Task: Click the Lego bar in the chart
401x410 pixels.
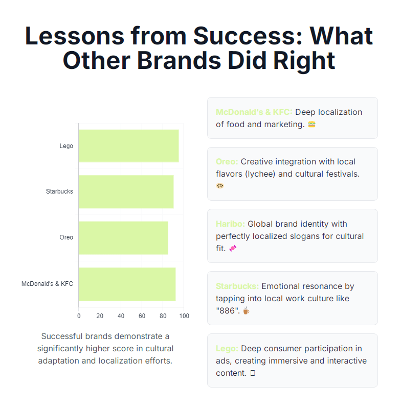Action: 129,146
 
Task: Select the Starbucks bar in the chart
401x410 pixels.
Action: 126,191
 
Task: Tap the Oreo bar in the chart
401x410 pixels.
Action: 124,238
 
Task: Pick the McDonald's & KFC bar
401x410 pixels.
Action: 127,284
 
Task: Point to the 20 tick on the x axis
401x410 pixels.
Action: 100,316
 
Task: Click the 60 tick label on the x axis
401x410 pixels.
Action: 142,316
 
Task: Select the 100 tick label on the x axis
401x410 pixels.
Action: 184,316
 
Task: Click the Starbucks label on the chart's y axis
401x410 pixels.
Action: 59,191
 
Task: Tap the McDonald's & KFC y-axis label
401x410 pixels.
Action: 47,284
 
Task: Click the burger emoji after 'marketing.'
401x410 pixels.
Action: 311,124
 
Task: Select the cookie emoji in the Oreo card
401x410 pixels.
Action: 220,186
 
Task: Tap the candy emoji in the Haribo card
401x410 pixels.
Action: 233,248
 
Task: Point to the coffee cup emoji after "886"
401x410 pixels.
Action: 246,310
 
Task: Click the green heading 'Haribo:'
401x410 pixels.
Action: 230,224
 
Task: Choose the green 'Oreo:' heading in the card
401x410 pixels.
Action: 227,161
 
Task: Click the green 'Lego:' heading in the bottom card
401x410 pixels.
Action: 227,348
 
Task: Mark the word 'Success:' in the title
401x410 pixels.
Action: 248,36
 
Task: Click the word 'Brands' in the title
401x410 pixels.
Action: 179,60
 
